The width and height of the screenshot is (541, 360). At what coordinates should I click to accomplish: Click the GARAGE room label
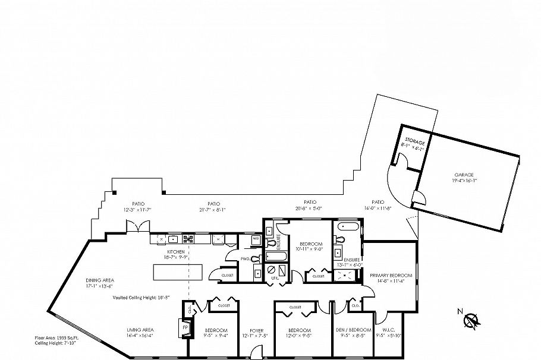[464, 175]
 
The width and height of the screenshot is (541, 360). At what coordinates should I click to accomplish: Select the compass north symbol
[471, 321]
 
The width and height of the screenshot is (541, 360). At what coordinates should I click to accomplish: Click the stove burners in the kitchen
[188, 239]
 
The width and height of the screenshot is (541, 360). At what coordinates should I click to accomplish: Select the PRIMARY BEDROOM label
[391, 276]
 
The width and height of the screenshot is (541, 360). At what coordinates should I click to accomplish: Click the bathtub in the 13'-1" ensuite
[348, 228]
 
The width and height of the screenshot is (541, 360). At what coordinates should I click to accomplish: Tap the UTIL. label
[274, 278]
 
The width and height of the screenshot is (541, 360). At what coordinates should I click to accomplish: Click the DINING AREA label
[99, 280]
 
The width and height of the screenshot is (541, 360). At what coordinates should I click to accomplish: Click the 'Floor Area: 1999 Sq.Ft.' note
[56, 338]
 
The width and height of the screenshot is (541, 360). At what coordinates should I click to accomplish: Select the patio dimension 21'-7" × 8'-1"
[212, 210]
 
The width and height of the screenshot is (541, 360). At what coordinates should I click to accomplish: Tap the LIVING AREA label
[140, 330]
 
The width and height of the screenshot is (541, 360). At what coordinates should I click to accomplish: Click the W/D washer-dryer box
[256, 239]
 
